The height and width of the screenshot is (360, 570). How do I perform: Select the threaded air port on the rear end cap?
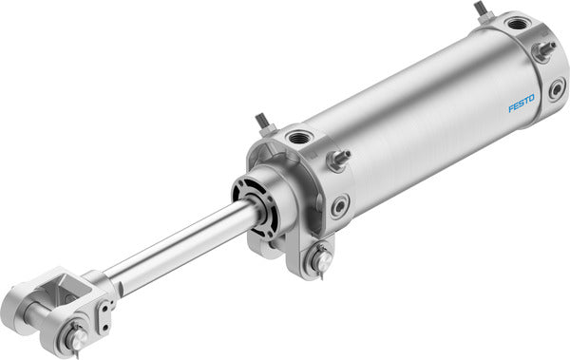click(x=517, y=24)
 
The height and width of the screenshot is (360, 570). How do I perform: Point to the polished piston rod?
click(x=180, y=248)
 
